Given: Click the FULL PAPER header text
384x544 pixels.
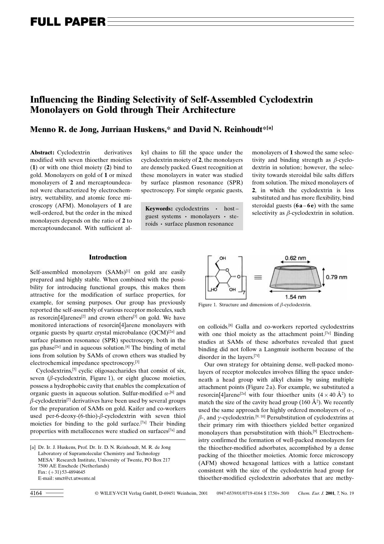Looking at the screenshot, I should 68,22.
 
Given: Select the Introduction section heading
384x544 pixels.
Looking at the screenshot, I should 108,257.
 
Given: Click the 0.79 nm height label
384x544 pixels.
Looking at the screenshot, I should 336,277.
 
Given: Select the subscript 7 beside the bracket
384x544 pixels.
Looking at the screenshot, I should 244,293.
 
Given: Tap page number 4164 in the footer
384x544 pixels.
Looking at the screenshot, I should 36,493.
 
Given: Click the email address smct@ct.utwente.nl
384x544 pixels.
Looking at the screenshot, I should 75,478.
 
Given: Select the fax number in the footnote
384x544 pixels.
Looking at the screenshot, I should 67,472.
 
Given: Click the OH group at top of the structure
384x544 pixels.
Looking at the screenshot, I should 222,258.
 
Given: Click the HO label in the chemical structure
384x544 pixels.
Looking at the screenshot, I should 213,290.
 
